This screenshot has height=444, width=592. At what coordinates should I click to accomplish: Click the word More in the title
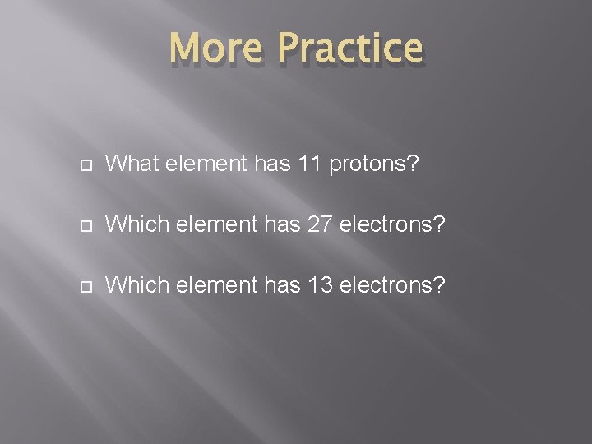coord(215,49)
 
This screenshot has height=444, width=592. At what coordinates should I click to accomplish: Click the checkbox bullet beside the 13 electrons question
coord(86,285)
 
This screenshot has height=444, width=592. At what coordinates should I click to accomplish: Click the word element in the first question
coord(205,165)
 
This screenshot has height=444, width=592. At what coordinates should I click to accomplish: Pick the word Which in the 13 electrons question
coord(136,284)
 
